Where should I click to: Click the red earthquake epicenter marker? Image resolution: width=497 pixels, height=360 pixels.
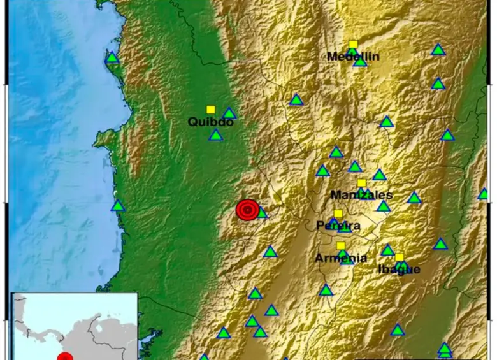(x=247, y=210)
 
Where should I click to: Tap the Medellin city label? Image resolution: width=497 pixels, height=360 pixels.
(x=353, y=57)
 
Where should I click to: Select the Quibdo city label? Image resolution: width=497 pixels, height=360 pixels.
(x=210, y=122)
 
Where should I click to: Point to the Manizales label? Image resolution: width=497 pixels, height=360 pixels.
(x=362, y=194)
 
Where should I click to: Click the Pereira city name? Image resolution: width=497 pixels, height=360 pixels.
(x=338, y=226)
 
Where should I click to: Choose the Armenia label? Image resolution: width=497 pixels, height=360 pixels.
(x=341, y=258)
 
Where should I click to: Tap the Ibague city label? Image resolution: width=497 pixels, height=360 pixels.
(x=399, y=269)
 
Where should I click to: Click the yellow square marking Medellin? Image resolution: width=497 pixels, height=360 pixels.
(x=353, y=44)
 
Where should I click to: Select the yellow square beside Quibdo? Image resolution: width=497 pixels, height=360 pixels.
(x=211, y=110)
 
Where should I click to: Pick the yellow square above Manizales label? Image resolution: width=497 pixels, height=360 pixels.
(x=361, y=183)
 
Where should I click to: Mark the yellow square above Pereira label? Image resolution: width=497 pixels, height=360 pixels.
(x=338, y=214)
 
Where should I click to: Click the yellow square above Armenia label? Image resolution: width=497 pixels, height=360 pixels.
(x=341, y=246)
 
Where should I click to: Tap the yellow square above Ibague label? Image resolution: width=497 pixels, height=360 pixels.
(x=399, y=257)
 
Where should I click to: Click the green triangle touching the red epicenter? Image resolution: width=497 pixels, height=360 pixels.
(x=261, y=213)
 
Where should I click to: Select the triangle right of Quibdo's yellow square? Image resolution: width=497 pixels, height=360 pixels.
(x=229, y=114)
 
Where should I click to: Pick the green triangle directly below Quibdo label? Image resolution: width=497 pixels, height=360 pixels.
(x=216, y=135)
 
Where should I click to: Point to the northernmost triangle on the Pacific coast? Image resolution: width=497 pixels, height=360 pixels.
(x=112, y=58)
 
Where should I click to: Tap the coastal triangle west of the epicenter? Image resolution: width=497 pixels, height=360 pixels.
(x=118, y=206)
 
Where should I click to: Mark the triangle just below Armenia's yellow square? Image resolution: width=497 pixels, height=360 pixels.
(x=343, y=255)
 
